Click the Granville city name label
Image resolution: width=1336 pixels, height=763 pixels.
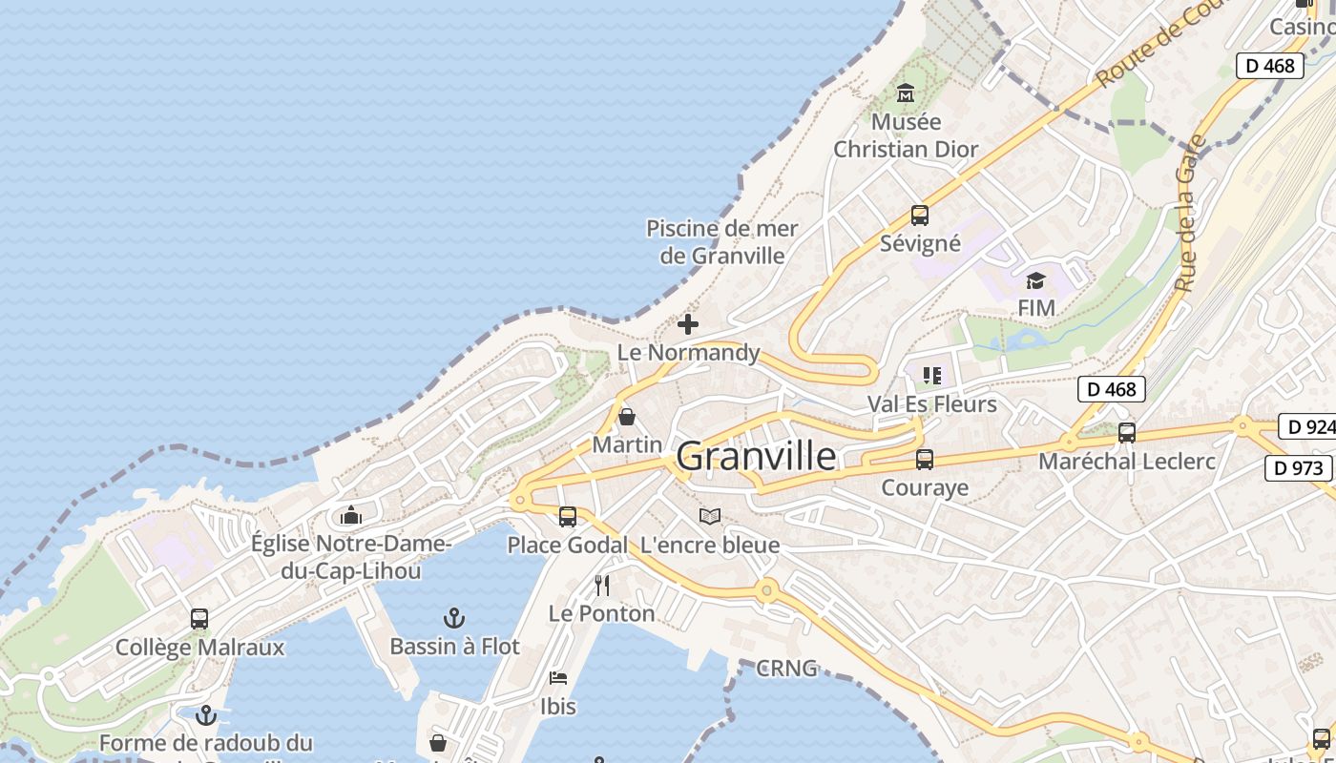[756, 457]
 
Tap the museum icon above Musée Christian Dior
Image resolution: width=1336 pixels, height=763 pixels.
[906, 93]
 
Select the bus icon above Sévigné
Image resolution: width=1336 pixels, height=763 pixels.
[920, 216]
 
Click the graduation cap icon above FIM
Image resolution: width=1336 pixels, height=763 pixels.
[1035, 280]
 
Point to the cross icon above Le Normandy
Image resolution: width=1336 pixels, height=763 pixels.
[687, 324]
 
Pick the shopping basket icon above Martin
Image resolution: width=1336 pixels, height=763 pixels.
[627, 417]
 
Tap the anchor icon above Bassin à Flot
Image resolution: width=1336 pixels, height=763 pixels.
[455, 618]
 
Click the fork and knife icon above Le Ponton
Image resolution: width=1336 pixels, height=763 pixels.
[602, 585]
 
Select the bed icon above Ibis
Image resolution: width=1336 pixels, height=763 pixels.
[558, 678]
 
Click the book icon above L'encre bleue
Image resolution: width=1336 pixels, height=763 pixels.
[709, 517]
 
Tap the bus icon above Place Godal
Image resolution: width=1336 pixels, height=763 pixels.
[568, 517]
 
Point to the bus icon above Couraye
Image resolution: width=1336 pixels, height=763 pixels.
[925, 460]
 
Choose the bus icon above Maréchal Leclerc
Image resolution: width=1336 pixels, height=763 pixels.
[1127, 433]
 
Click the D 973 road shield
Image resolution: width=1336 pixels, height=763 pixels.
[1299, 467]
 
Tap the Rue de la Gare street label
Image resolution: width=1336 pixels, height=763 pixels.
[1187, 214]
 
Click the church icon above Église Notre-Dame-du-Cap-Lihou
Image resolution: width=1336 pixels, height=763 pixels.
[351, 516]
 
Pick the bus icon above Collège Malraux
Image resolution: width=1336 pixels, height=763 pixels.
[199, 619]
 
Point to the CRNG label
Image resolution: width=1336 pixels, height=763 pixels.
[786, 668]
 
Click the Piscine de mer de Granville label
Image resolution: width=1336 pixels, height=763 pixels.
[722, 242]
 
